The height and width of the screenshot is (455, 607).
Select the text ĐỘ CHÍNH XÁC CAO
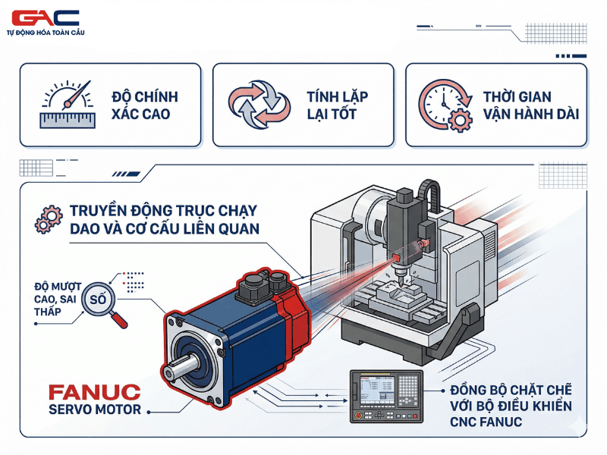coord(144,105)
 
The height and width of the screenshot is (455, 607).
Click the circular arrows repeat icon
coord(259,105)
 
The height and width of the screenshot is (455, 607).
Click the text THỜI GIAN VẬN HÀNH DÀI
coord(530,105)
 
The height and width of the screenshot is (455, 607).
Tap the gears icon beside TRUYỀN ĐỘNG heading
coord(48,219)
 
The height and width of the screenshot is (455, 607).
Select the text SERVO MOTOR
coord(94,410)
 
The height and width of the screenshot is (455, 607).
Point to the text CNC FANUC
coord(486,422)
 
